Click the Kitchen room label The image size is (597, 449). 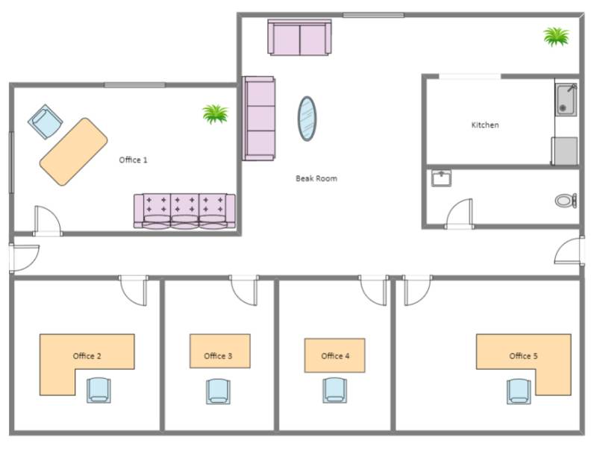coord(484,125)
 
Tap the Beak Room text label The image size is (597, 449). coord(316,179)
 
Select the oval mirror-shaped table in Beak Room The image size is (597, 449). coord(307,119)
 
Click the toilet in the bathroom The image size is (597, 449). coord(566,201)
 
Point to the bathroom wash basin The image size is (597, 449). coord(442,178)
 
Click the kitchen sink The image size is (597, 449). coord(566,100)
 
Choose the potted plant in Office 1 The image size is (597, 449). coord(215,114)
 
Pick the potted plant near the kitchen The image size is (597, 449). coord(556,36)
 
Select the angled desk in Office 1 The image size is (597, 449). coord(73,151)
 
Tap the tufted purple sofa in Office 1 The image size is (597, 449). coord(184,210)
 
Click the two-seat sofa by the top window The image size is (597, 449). coord(299,37)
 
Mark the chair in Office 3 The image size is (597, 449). coord(219,390)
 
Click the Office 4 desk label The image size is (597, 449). coord(335,356)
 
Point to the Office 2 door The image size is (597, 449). coord(134,289)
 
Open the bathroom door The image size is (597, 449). coord(459,215)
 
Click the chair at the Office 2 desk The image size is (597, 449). coord(99,390)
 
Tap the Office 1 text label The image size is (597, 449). coord(134,160)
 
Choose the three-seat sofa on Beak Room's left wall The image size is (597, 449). coord(259,119)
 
